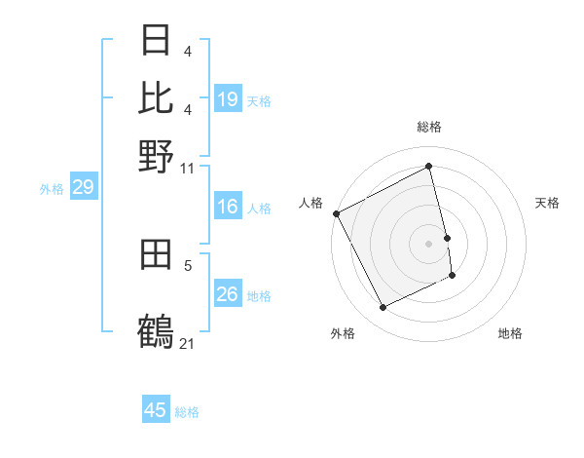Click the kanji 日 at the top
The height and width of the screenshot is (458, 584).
click(x=157, y=42)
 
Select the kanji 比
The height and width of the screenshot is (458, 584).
click(x=157, y=97)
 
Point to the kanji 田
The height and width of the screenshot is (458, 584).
click(x=157, y=256)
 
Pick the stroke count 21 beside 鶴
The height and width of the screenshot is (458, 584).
click(x=187, y=343)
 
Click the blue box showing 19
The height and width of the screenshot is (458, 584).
click(x=228, y=99)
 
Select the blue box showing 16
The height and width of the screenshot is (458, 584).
click(x=228, y=207)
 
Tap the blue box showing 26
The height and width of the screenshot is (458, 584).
click(x=228, y=294)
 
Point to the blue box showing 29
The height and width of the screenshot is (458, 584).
click(x=83, y=187)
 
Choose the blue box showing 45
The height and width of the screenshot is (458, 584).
click(x=156, y=410)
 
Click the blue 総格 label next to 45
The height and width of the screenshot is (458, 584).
click(x=187, y=412)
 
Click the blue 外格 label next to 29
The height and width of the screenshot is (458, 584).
click(x=52, y=189)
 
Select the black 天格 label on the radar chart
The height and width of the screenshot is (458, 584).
click(x=547, y=203)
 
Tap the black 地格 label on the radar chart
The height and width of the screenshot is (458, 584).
click(x=510, y=334)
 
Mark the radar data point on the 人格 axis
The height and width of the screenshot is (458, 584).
click(x=336, y=213)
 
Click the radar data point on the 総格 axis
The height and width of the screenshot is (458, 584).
click(x=429, y=167)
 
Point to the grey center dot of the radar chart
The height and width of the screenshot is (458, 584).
click(x=429, y=243)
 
